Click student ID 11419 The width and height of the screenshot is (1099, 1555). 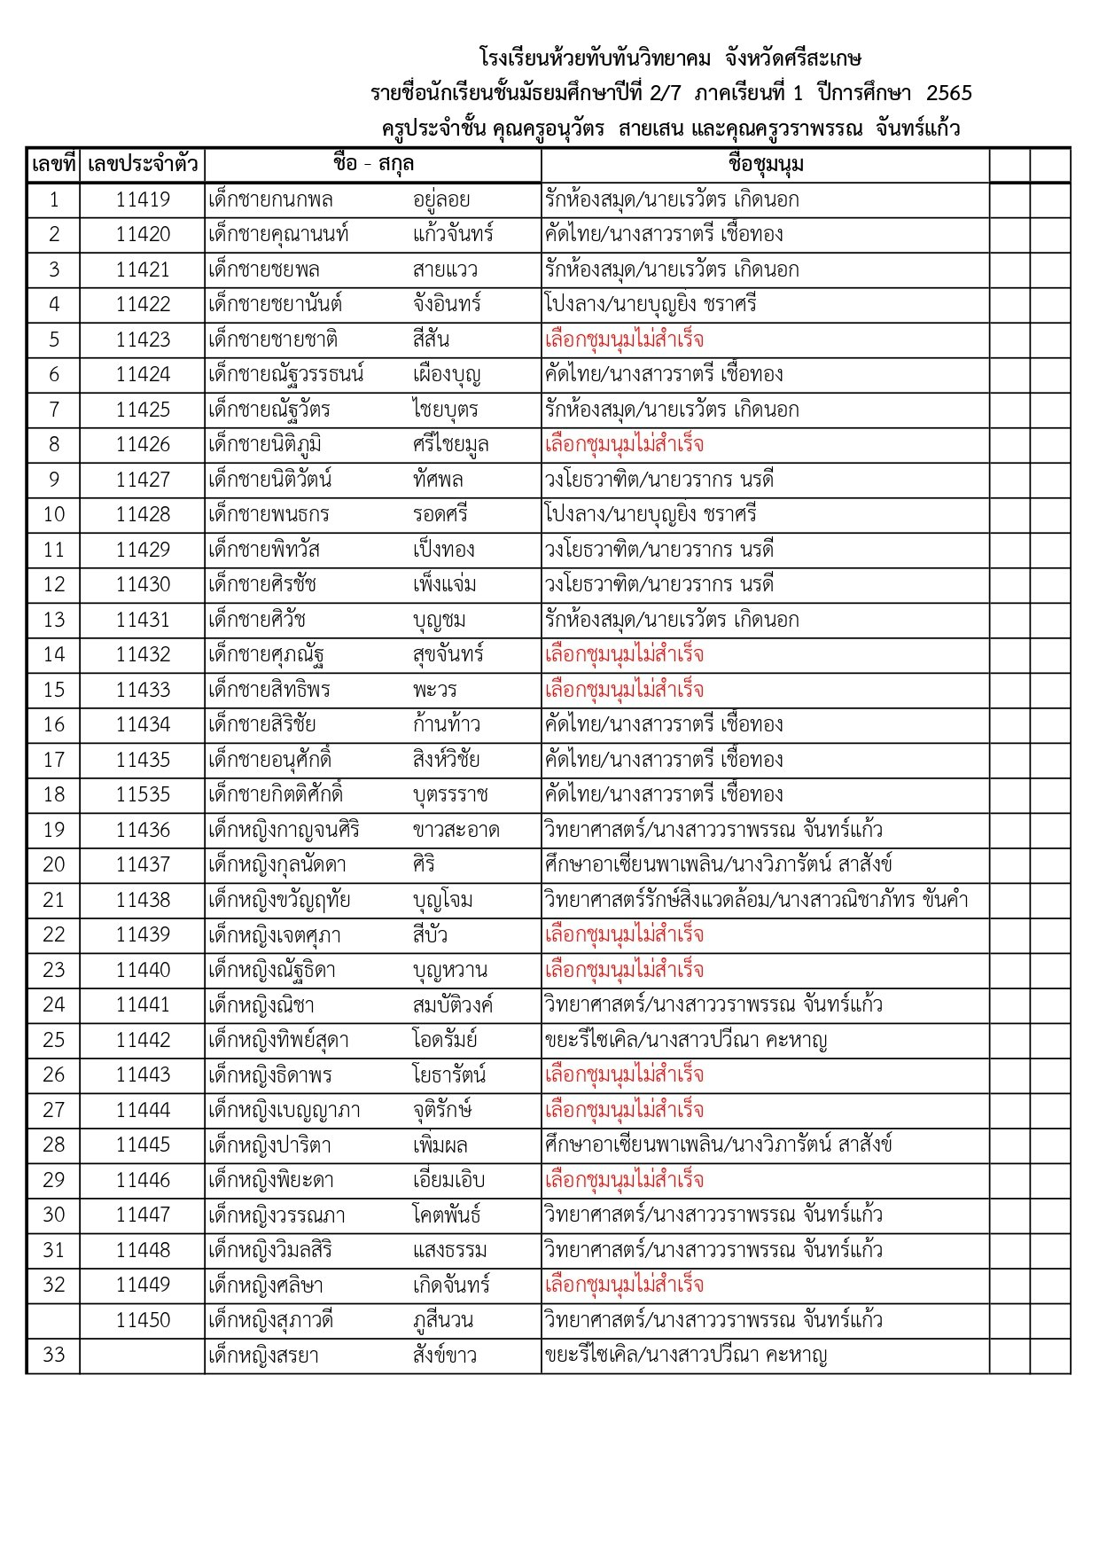[142, 199]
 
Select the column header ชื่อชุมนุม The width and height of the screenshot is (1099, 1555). [765, 165]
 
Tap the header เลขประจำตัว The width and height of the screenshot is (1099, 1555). [142, 165]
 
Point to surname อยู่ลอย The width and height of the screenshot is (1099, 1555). [440, 199]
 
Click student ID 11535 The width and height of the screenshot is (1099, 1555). [142, 794]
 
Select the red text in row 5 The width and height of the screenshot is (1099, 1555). [624, 340]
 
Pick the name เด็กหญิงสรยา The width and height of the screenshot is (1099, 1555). [263, 1356]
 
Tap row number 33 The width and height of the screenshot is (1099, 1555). [53, 1356]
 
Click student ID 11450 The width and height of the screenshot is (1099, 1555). [142, 1320]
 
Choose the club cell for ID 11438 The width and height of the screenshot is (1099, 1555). [755, 900]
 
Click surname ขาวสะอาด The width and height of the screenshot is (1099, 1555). [456, 830]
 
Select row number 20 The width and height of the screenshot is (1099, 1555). [53, 864]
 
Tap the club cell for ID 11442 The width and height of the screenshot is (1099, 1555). [685, 1040]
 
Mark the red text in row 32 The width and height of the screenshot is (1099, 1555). [624, 1285]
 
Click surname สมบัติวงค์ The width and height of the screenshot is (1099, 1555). [452, 1004]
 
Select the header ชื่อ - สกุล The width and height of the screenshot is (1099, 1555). [373, 165]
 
